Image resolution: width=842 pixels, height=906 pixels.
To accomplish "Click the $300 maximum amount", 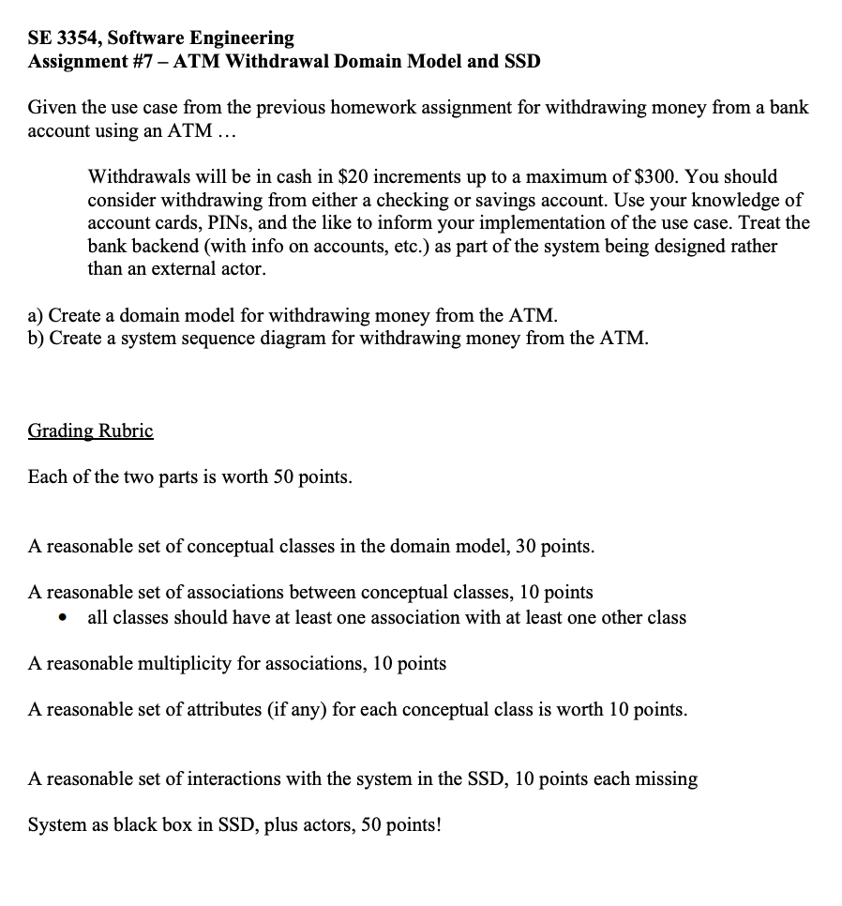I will tap(656, 176).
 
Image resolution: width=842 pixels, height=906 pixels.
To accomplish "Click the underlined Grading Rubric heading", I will tap(90, 430).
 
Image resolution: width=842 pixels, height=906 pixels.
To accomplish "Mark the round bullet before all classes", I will tap(63, 618).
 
